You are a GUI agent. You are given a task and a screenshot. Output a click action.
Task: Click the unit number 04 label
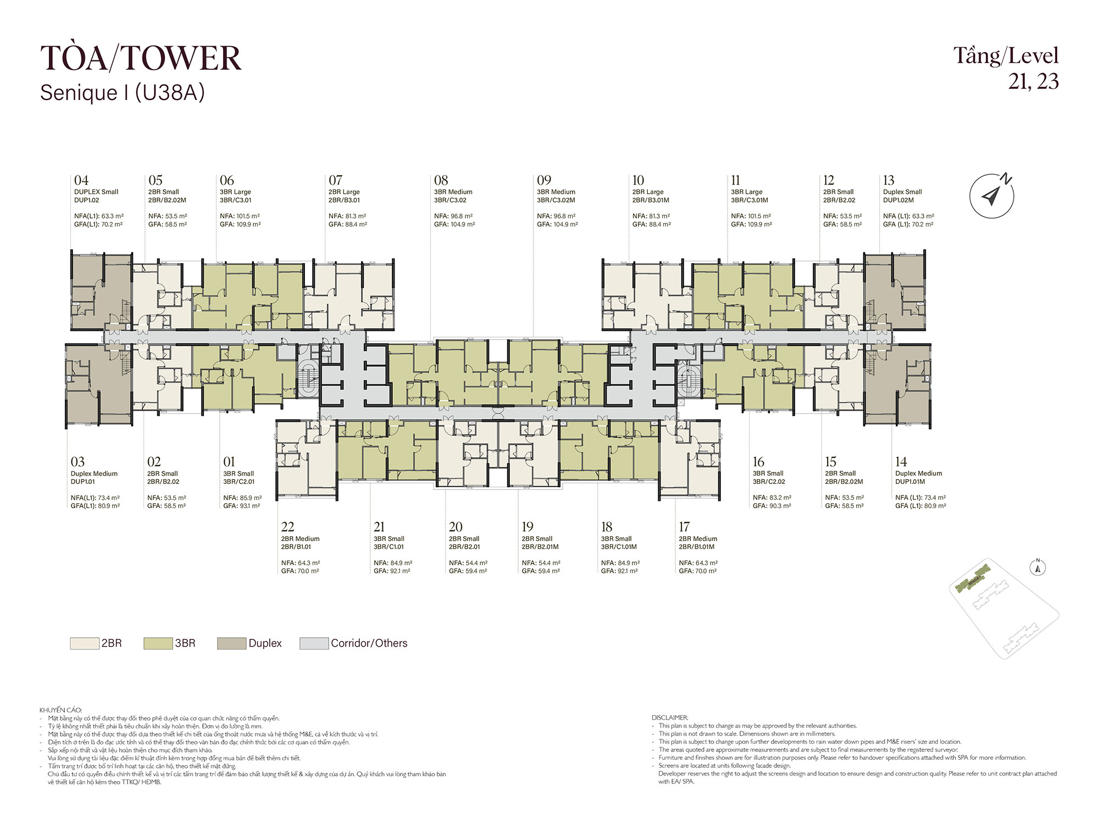[81, 180]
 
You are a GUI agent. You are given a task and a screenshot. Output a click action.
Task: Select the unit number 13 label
[889, 180]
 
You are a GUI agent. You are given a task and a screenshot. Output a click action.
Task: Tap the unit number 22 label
[288, 527]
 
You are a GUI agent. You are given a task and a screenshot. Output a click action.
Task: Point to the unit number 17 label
[684, 527]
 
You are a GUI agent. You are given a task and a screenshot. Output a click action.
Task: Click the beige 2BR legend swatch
[85, 643]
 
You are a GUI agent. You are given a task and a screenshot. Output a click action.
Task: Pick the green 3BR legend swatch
[158, 643]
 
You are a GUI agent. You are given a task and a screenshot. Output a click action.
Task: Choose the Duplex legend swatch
[231, 643]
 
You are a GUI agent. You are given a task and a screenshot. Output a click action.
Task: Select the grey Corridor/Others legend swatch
[314, 643]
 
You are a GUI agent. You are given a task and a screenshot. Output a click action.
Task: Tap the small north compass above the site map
[1038, 568]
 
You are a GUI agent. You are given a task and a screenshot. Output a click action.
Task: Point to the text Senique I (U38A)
[123, 93]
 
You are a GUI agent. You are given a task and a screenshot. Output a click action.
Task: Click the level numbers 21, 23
[1033, 81]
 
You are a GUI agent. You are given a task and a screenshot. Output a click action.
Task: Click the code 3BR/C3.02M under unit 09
[556, 200]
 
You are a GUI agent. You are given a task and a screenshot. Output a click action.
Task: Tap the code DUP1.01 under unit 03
[83, 482]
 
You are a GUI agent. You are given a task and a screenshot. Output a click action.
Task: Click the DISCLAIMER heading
[670, 717]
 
